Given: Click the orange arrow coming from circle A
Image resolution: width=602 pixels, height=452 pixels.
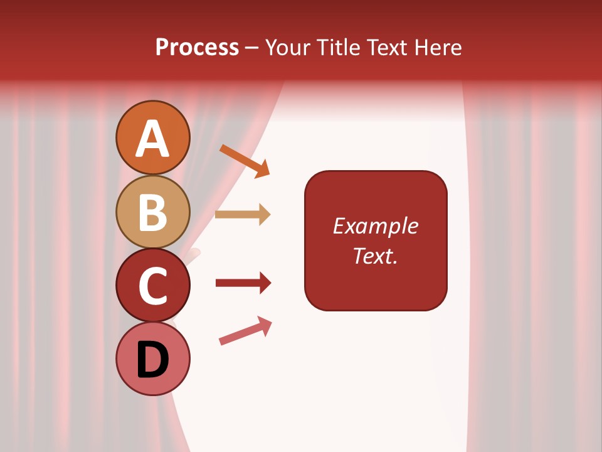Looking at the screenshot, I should [x=245, y=161].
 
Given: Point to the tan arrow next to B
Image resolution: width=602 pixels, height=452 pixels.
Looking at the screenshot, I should [x=243, y=215].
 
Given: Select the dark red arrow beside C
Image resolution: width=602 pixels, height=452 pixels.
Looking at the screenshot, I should [x=243, y=283].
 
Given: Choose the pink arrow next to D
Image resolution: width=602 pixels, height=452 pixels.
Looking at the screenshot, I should [x=245, y=331].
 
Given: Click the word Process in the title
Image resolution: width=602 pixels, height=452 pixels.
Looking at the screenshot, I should [x=197, y=48].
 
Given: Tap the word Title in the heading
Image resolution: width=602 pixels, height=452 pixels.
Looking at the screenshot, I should [x=339, y=48].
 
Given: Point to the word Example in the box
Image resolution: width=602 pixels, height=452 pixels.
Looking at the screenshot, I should [x=375, y=226].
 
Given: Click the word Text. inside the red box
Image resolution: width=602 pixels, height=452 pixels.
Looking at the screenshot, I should [x=375, y=256].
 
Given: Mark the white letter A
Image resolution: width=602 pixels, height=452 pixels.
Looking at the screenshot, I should [x=153, y=139].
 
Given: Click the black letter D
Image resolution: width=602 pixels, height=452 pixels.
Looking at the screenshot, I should [x=153, y=360].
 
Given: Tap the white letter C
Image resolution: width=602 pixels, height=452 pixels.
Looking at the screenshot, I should [x=153, y=286].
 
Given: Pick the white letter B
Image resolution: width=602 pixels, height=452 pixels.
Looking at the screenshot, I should [x=153, y=212].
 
